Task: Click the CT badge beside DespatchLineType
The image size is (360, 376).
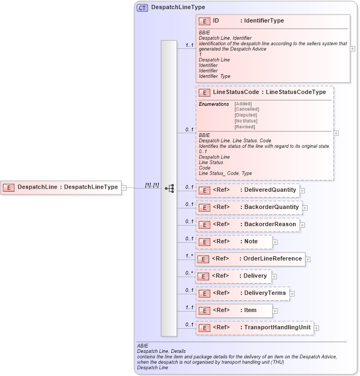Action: pos(143,8)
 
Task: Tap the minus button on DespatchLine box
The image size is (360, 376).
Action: pos(124,187)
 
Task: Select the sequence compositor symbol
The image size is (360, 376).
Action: pos(168,188)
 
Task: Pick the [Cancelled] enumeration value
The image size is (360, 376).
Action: pos(246,109)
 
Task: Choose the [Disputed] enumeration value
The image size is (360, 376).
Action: pos(245,115)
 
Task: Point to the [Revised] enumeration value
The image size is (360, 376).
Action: pos(245,127)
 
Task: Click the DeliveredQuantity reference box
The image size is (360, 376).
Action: pos(247,190)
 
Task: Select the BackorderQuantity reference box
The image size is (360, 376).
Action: pos(248,207)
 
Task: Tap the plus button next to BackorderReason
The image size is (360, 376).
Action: pos(303,225)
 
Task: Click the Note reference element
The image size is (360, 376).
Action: pos(234,242)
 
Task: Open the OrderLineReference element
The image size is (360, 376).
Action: pos(250,259)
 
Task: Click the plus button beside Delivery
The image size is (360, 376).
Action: pos(274,276)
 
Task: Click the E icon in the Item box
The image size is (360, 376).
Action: pos(204,310)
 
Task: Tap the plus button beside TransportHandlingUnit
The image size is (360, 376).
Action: pos(317,328)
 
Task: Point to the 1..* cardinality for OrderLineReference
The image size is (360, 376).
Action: pos(189,256)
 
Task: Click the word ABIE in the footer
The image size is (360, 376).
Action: pos(143,346)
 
